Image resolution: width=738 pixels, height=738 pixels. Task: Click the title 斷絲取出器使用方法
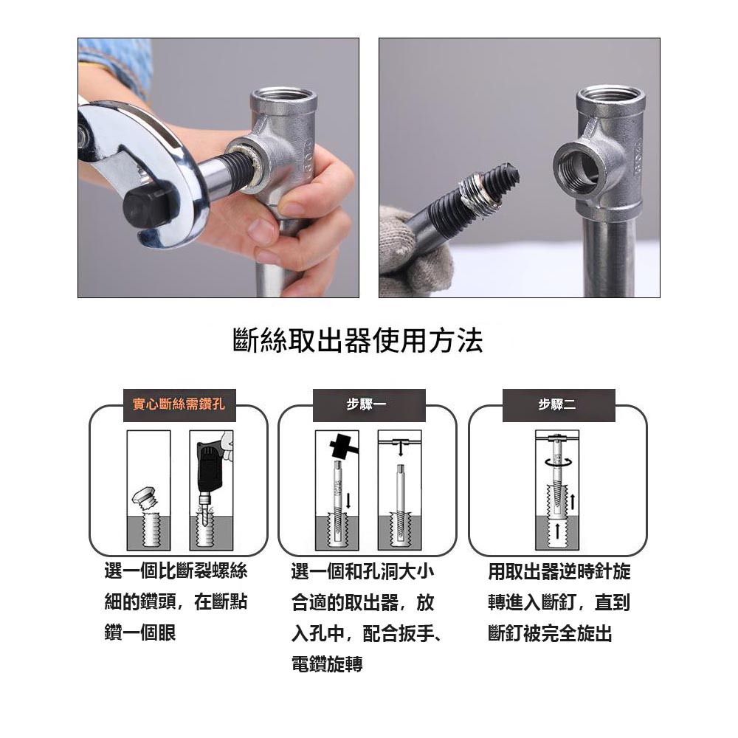click(358, 342)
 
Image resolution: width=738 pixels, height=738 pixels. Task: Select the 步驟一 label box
click(367, 405)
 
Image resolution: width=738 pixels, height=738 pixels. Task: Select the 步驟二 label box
click(558, 405)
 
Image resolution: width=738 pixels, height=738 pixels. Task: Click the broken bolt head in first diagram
click(144, 497)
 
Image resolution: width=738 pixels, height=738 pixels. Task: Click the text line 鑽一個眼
click(141, 632)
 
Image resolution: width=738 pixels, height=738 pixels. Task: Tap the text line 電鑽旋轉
click(327, 663)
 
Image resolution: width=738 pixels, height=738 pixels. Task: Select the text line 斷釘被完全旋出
click(550, 632)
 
